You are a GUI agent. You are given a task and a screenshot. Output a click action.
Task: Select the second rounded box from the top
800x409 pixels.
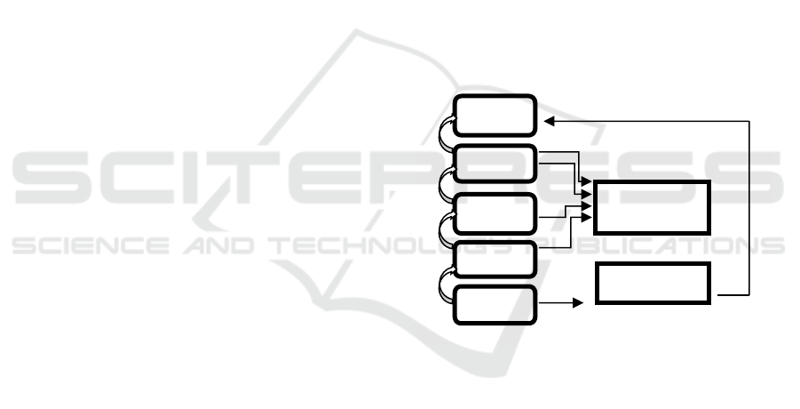(495, 164)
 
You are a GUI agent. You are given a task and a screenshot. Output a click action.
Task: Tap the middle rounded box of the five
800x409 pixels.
(495, 212)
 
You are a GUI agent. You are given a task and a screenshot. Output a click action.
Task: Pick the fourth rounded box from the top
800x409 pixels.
(495, 259)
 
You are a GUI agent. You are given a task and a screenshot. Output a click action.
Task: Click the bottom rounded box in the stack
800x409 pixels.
(495, 306)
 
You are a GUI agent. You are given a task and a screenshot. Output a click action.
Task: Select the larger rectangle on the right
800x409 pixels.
(653, 207)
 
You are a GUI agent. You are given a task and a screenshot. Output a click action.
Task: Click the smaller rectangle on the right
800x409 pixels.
(653, 283)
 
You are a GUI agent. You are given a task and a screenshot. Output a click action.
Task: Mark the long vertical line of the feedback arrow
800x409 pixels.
(749, 204)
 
